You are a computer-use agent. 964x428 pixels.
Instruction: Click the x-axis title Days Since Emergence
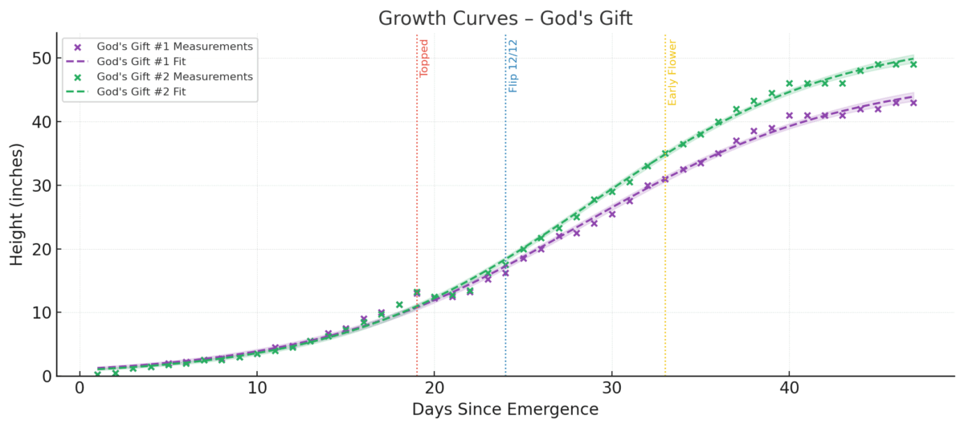(x=504, y=410)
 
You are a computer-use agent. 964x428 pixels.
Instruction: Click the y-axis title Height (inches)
(x=17, y=204)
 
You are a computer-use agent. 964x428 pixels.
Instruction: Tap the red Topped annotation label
(x=424, y=58)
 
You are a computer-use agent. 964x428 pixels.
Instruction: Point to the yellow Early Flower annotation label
(x=672, y=73)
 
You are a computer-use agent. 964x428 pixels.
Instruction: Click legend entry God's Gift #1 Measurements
(x=174, y=47)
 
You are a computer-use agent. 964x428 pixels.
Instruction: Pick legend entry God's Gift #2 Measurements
(x=174, y=76)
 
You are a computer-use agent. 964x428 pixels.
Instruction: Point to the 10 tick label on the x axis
(x=257, y=388)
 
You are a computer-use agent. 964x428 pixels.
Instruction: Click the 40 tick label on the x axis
(x=789, y=388)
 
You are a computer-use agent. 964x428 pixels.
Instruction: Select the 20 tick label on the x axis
(x=435, y=388)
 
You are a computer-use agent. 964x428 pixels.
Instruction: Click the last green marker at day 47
(x=913, y=64)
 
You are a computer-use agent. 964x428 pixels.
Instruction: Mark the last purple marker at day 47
(x=913, y=103)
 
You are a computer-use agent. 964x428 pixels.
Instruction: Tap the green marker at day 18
(x=399, y=305)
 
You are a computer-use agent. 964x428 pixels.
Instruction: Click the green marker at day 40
(x=789, y=84)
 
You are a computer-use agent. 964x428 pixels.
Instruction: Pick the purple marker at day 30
(x=612, y=214)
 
